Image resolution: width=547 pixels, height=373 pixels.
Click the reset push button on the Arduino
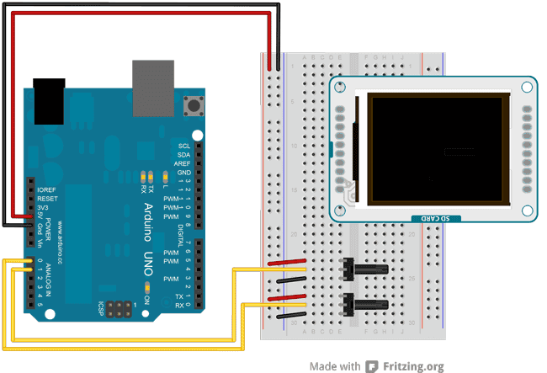click(x=197, y=106)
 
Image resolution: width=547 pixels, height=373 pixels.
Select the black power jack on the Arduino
click(x=49, y=100)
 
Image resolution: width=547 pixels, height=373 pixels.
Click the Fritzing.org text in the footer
click(x=413, y=366)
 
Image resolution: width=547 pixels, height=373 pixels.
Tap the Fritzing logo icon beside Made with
click(x=372, y=366)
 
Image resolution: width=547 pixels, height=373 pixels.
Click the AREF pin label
click(x=181, y=163)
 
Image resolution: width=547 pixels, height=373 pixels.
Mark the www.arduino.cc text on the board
click(x=62, y=241)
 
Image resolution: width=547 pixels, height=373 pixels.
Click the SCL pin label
click(x=184, y=146)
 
